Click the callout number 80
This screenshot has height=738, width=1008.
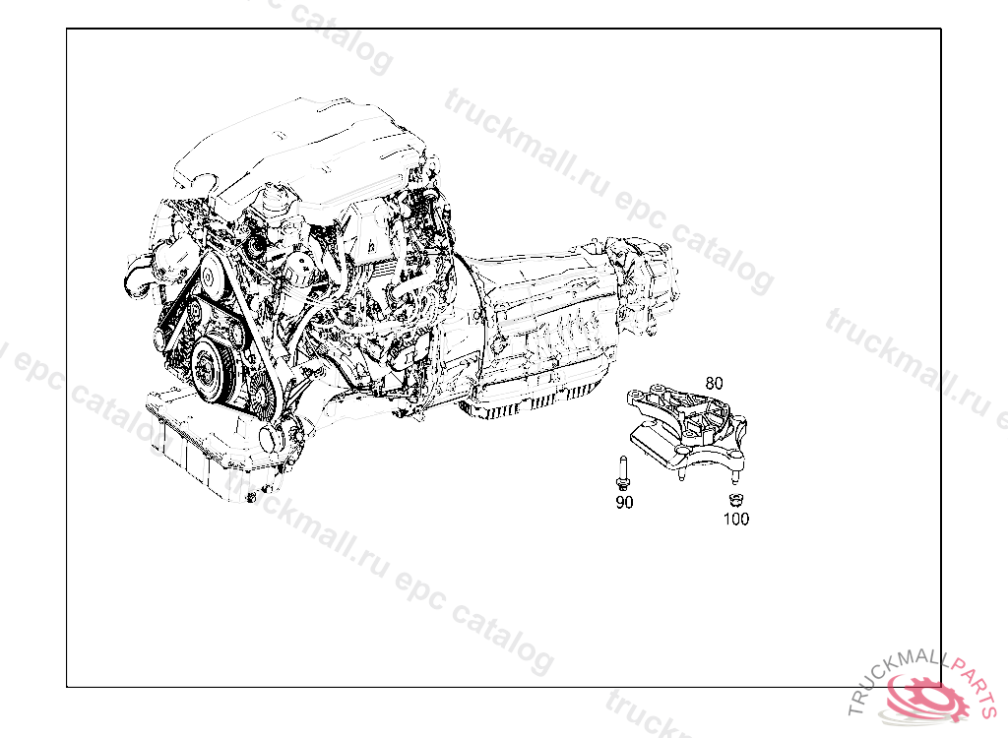point(714,383)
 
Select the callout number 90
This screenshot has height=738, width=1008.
point(624,503)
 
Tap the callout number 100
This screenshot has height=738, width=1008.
point(736,519)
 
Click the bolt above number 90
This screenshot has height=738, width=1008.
point(622,473)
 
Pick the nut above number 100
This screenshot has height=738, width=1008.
point(733,500)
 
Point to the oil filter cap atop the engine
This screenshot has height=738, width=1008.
point(276,196)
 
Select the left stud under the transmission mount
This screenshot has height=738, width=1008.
point(681,474)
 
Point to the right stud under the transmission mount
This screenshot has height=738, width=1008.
point(734,475)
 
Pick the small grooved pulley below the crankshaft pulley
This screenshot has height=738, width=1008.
point(262,400)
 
